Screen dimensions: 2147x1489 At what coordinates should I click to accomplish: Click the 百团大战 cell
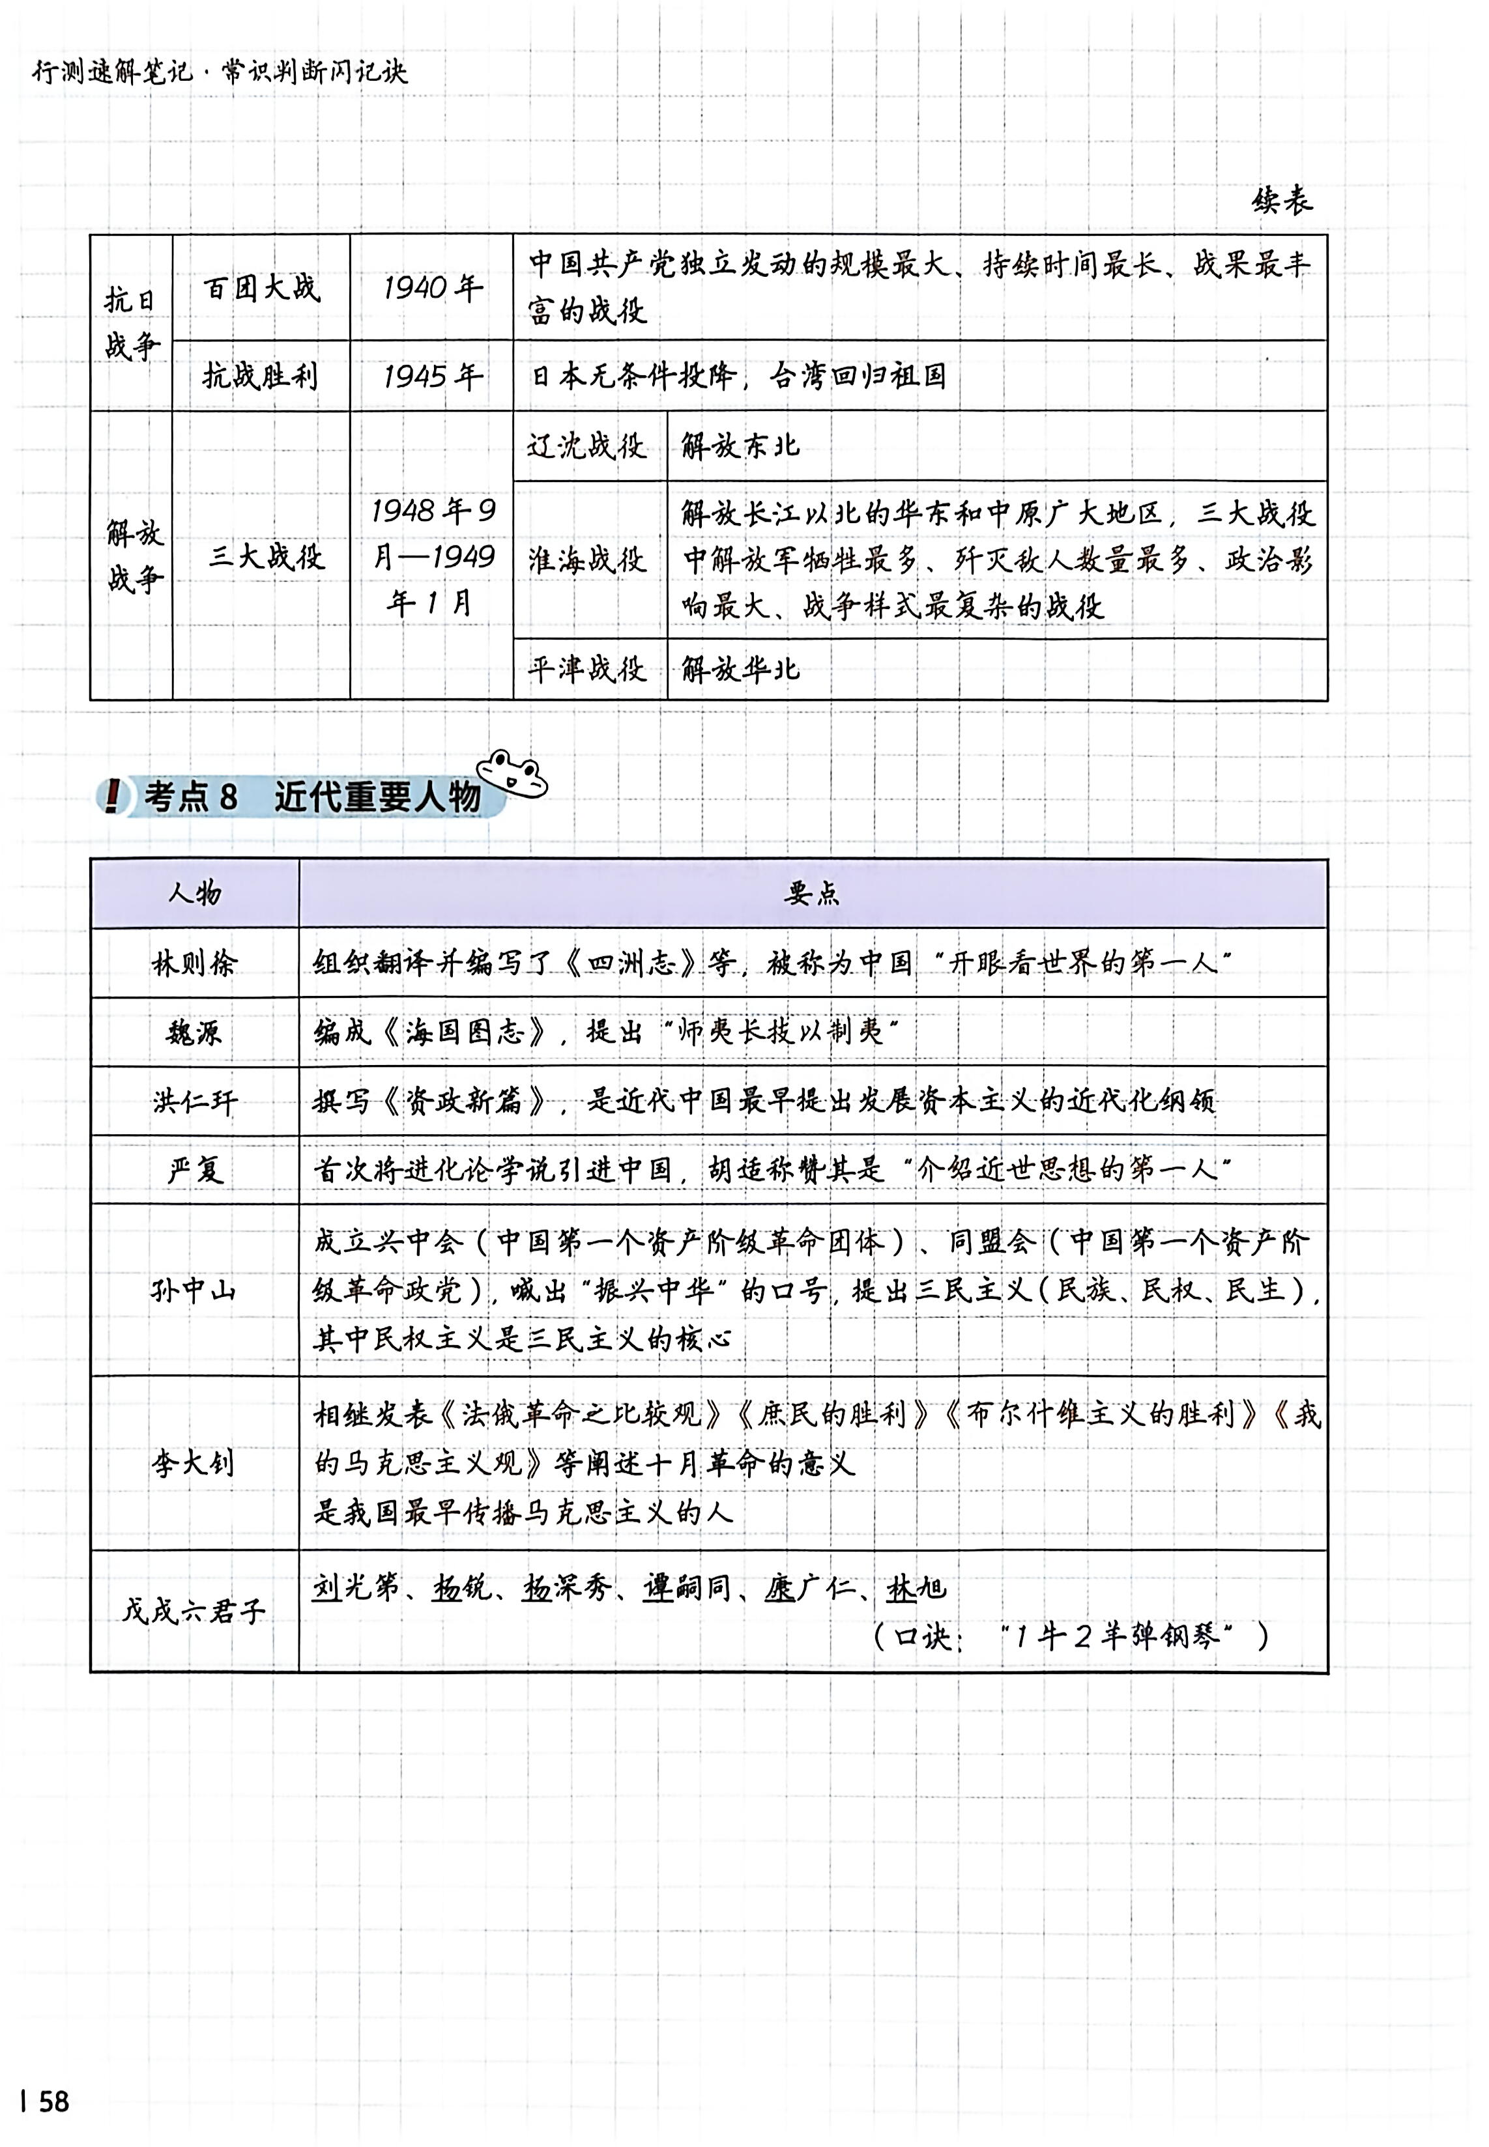(x=261, y=288)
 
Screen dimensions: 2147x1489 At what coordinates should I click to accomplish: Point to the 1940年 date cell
(x=432, y=288)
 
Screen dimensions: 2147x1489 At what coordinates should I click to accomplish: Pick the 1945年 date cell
(x=432, y=376)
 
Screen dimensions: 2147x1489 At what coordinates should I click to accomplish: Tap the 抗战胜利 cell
(x=261, y=376)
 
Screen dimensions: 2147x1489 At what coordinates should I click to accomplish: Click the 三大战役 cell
(x=266, y=557)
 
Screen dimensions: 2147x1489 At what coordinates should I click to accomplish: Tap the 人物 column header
(x=194, y=894)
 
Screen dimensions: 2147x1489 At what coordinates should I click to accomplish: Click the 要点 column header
(x=812, y=894)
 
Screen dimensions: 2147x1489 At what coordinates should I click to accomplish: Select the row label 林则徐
(x=194, y=963)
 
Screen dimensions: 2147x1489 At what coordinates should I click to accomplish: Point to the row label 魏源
(x=194, y=1032)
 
